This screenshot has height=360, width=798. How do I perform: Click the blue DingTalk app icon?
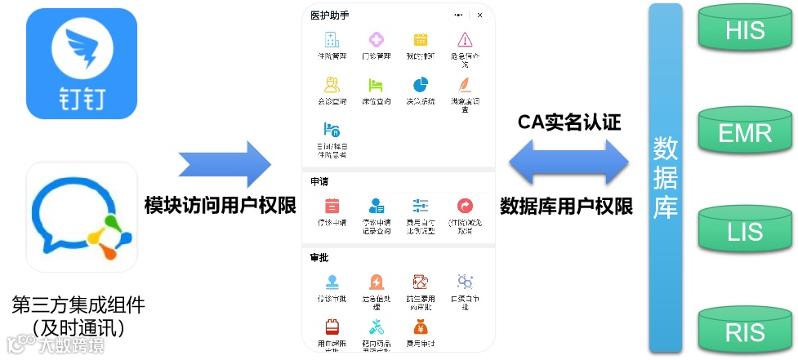coord(82,64)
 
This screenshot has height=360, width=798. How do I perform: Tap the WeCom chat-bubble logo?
coord(82,216)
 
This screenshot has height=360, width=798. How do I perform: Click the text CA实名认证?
coord(569,122)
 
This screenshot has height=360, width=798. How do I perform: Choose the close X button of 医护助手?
coord(479,16)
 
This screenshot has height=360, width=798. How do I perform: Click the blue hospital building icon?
coord(332,39)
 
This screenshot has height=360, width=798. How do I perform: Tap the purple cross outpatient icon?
coord(377,39)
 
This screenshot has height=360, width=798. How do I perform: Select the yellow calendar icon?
coord(421,39)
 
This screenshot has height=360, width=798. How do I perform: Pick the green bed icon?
coord(376,85)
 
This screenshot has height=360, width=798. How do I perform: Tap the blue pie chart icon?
coord(421,85)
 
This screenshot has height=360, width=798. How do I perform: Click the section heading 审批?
coord(319,258)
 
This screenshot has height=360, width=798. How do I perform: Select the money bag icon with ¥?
coord(420,327)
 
